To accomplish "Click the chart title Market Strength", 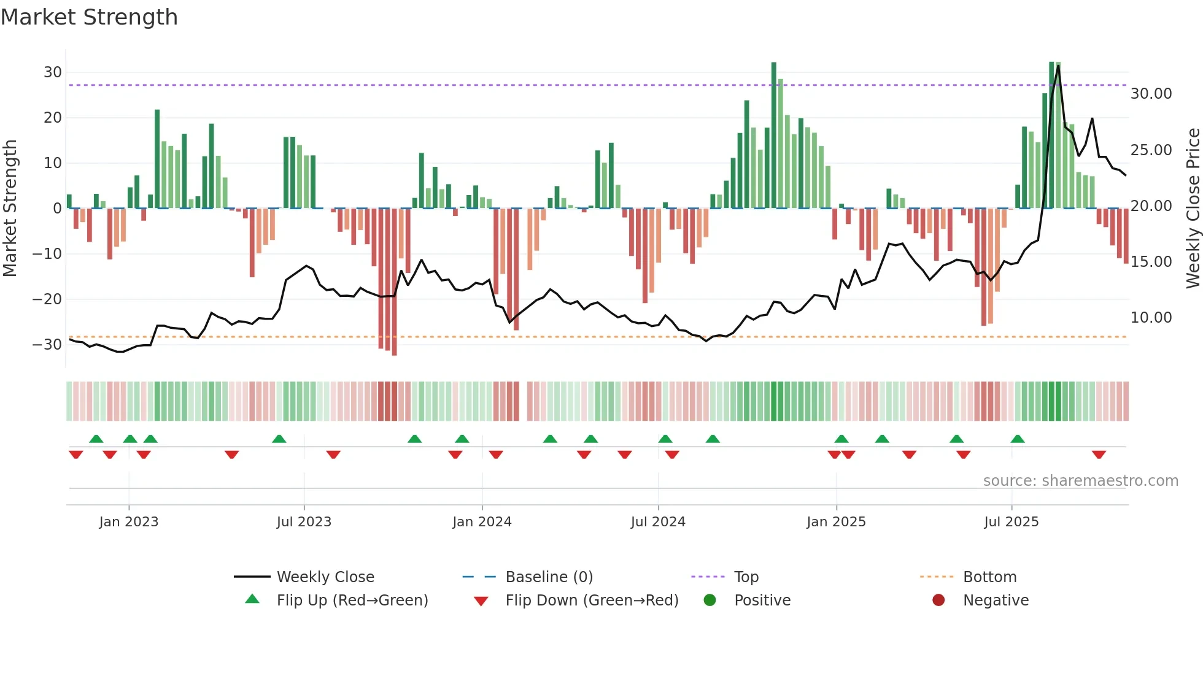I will click(x=89, y=17).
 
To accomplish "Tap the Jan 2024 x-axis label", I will click(x=482, y=522).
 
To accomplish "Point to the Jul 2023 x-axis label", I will click(x=304, y=522).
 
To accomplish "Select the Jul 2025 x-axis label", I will click(x=1011, y=522).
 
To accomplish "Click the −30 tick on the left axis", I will click(x=47, y=345).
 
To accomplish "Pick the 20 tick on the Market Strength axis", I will click(x=53, y=118).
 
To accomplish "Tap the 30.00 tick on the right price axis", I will click(x=1151, y=94).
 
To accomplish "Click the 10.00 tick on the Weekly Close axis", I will click(x=1151, y=318).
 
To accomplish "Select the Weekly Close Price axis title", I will click(x=1193, y=209).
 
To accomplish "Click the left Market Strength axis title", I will click(x=10, y=209).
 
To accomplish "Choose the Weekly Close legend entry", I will click(x=325, y=577).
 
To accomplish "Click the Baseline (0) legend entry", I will click(x=549, y=577).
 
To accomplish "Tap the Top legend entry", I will click(x=746, y=577).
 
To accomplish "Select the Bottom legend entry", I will click(x=989, y=577).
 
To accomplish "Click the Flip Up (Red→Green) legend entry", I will click(x=352, y=601).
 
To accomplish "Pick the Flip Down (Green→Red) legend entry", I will click(x=592, y=601).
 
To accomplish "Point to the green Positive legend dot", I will click(x=710, y=601).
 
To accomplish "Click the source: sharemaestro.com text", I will click(x=1080, y=481).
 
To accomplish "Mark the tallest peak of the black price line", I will click(x=1058, y=66).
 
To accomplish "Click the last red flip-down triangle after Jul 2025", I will click(x=1099, y=455).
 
